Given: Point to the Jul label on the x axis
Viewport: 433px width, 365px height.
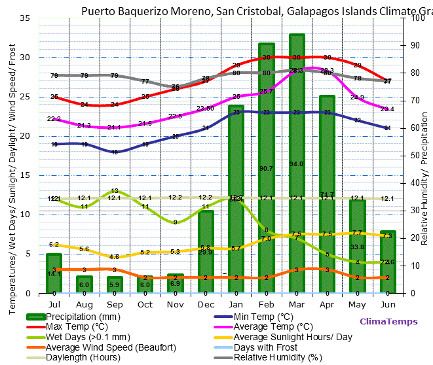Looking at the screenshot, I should pyautogui.click(x=54, y=304).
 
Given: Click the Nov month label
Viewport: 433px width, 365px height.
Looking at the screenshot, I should pyautogui.click(x=175, y=304).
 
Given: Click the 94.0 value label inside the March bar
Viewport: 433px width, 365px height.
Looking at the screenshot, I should pyautogui.click(x=297, y=164).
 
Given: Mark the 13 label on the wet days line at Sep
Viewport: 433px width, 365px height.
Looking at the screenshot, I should pyautogui.click(x=115, y=191).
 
